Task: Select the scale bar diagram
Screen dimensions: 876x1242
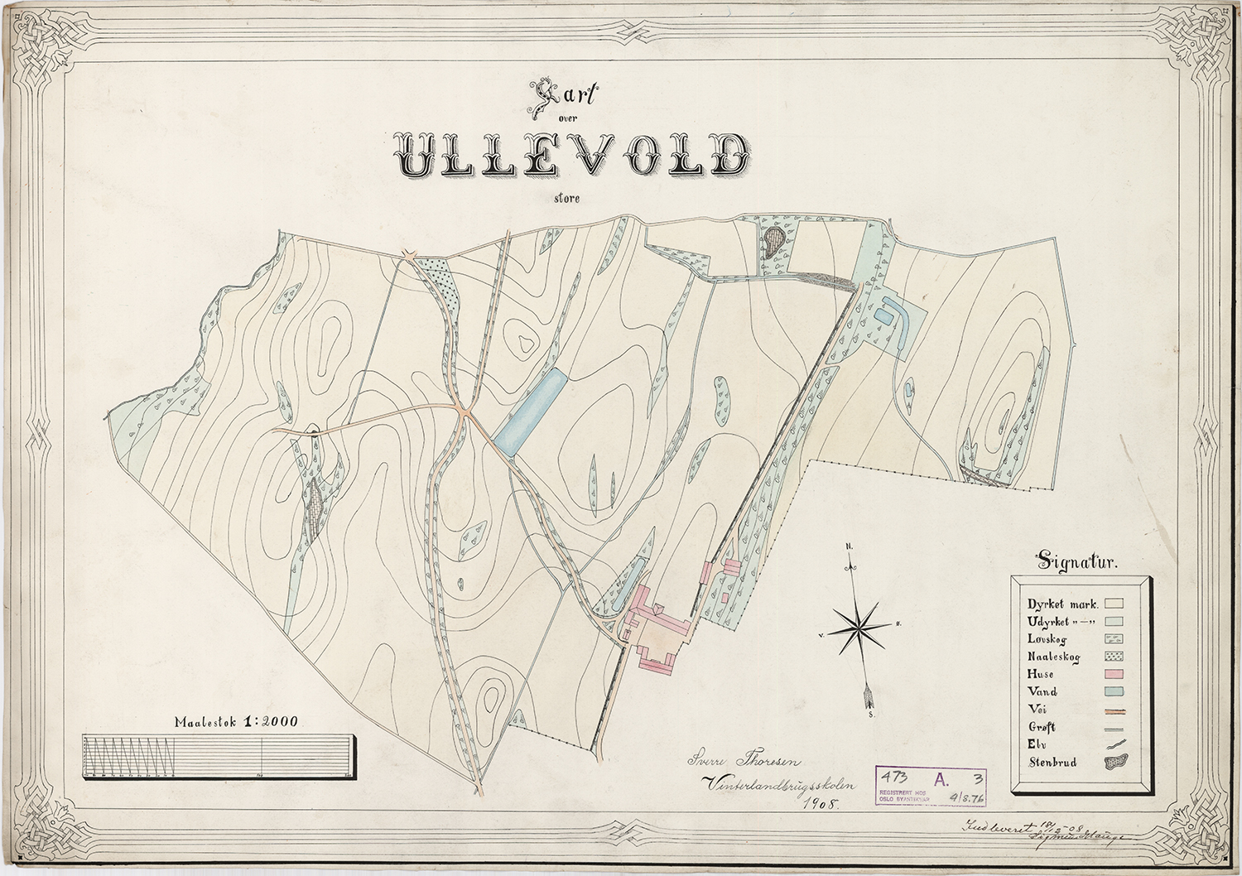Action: tap(220, 757)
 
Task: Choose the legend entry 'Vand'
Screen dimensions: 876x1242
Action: tap(1042, 691)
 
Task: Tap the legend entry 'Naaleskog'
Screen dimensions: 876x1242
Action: tap(1053, 657)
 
